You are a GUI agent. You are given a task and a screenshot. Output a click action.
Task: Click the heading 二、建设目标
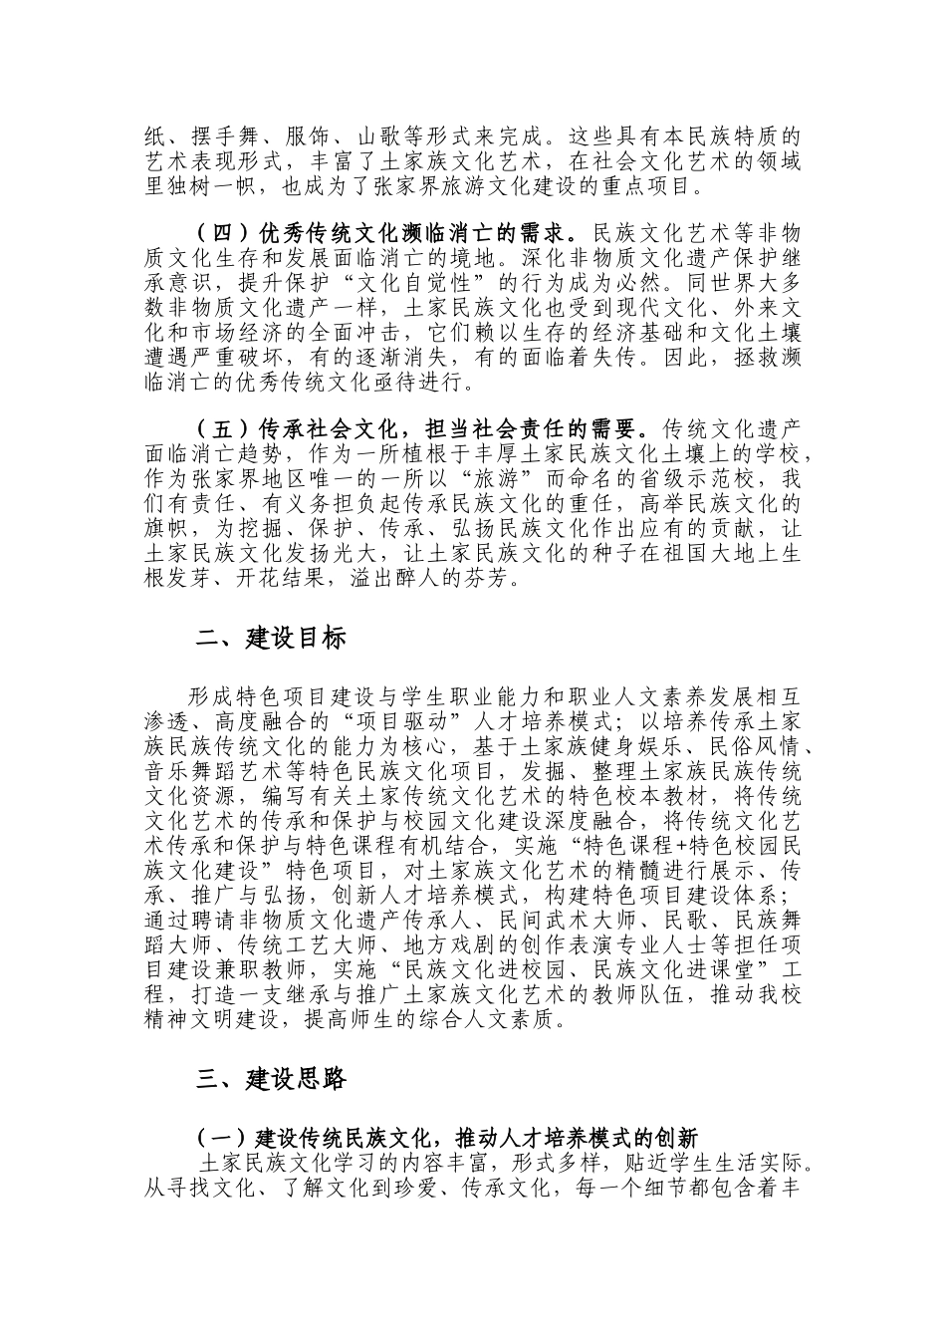pos(271,640)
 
